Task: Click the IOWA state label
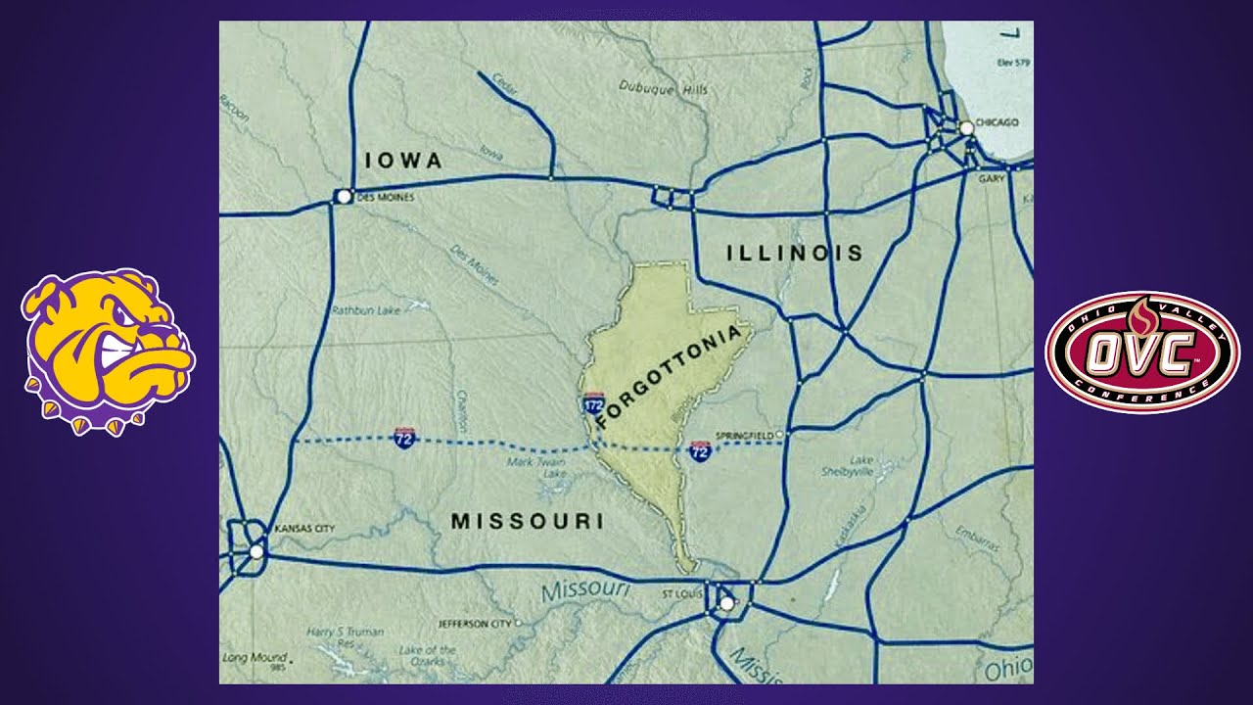tap(403, 162)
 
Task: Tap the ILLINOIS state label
tap(795, 254)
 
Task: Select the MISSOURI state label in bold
tap(527, 522)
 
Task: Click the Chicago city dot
tap(966, 128)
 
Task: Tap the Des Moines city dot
tap(344, 197)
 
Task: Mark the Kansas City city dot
tap(256, 552)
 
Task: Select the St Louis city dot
tap(726, 604)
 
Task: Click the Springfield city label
tap(744, 434)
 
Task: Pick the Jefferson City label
tap(474, 623)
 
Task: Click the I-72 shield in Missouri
tap(403, 438)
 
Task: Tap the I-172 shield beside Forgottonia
tap(593, 403)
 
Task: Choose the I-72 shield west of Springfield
tap(700, 451)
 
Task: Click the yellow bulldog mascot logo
tap(108, 352)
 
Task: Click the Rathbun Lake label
tap(365, 310)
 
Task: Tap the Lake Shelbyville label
tap(847, 465)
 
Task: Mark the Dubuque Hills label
tap(663, 89)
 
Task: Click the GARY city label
tap(991, 178)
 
